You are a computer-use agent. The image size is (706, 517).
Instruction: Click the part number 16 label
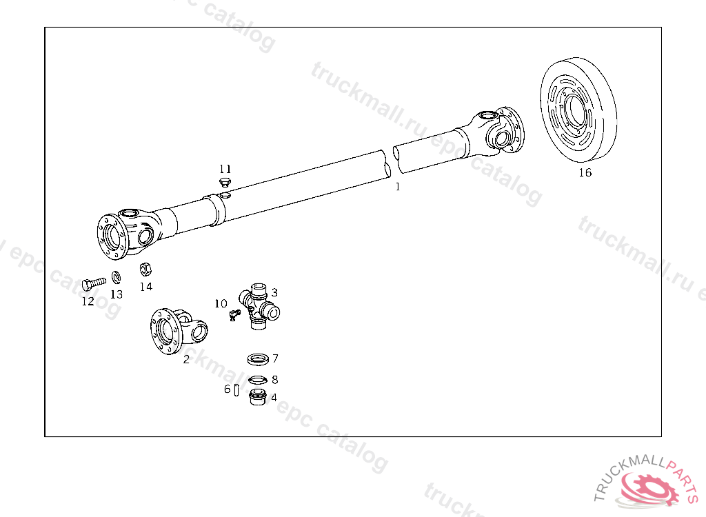pyautogui.click(x=585, y=173)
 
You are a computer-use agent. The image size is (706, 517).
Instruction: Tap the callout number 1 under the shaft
pyautogui.click(x=397, y=186)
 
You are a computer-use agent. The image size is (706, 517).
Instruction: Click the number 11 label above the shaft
pyautogui.click(x=225, y=169)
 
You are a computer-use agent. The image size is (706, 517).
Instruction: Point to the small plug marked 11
pyautogui.click(x=224, y=182)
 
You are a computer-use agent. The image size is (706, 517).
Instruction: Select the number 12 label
pyautogui.click(x=88, y=301)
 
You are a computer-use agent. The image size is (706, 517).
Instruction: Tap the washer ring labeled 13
pyautogui.click(x=116, y=278)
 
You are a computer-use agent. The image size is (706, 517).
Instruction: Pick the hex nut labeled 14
pyautogui.click(x=145, y=269)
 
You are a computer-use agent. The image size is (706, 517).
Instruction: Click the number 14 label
pyautogui.click(x=145, y=287)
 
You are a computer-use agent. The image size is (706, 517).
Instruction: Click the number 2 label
pyautogui.click(x=186, y=359)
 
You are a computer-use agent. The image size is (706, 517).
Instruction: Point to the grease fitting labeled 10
pyautogui.click(x=234, y=314)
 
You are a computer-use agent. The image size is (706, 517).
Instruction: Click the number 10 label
pyautogui.click(x=220, y=303)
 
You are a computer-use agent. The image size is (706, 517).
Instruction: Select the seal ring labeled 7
pyautogui.click(x=258, y=359)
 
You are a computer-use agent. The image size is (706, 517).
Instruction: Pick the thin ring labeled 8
pyautogui.click(x=258, y=379)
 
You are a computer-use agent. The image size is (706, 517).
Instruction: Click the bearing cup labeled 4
pyautogui.click(x=258, y=397)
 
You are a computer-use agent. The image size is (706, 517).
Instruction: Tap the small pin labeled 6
pyautogui.click(x=236, y=390)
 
